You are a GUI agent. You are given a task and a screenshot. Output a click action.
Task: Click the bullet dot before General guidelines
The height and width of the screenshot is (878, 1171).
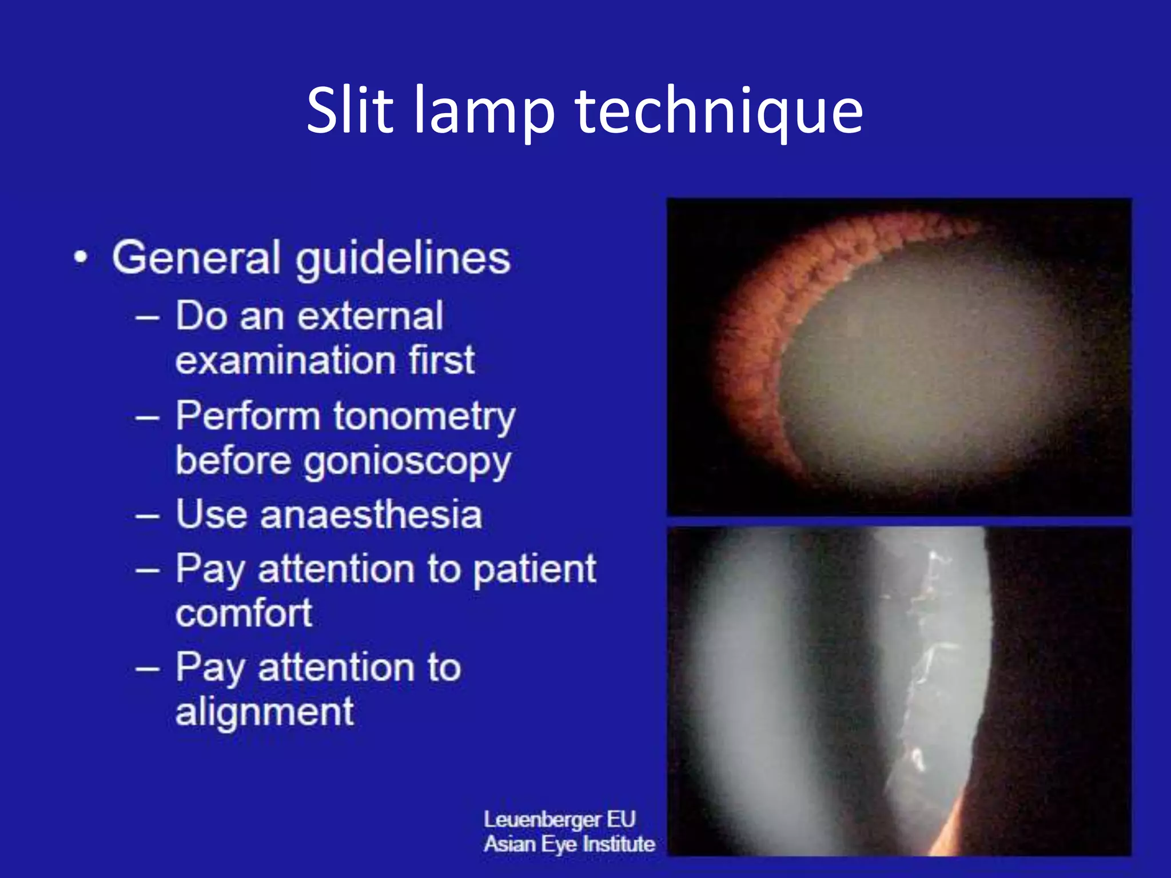coord(81,257)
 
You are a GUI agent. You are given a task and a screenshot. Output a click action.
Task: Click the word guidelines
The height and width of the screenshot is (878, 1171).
coord(403,260)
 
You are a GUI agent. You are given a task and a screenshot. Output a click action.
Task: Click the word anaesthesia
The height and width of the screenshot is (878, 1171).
coord(371,514)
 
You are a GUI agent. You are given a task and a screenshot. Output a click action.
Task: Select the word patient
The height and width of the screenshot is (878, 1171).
coord(535,570)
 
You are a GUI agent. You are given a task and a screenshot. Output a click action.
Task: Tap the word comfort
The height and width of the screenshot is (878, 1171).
coord(244,613)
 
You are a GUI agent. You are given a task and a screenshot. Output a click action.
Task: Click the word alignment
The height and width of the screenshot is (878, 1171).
coord(265,712)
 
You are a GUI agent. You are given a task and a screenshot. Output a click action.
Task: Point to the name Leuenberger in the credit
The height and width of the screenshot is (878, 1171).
coord(542,819)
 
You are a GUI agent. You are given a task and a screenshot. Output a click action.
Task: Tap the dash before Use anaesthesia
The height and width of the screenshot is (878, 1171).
coord(148,515)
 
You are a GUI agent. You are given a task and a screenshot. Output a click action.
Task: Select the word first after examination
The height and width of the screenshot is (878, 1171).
coord(441,360)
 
